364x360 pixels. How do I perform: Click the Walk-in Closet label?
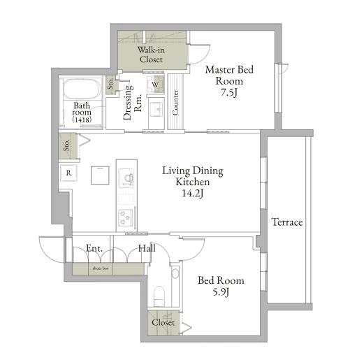151,55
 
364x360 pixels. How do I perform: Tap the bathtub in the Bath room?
82,89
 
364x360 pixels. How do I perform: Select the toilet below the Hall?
159,296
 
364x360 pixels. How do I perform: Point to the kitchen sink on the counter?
126,178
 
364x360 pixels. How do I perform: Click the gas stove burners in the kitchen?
126,218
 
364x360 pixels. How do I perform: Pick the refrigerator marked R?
68,173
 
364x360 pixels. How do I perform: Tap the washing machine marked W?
155,84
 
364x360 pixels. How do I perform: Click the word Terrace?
287,222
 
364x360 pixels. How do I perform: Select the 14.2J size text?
192,193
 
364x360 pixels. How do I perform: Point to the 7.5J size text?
229,93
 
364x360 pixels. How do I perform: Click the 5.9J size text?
221,291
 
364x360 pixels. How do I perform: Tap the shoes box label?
101,268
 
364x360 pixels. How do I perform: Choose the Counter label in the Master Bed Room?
175,103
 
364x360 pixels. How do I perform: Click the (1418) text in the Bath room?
82,120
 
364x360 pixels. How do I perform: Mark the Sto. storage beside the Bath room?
111,85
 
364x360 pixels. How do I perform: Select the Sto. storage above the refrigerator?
68,146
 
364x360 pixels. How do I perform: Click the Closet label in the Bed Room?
163,322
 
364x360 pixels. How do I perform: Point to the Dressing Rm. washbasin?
156,110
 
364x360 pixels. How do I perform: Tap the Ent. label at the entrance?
94,248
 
